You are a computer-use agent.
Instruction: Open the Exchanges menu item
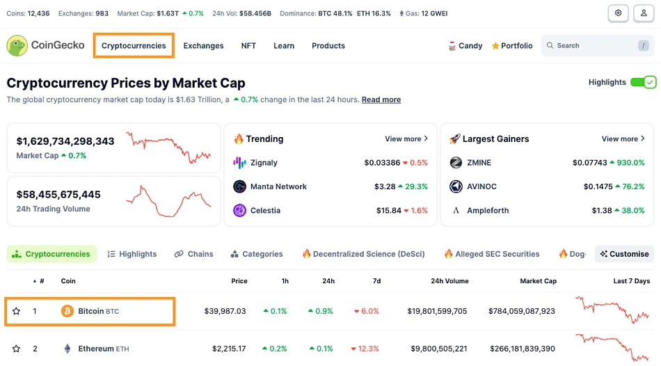203,46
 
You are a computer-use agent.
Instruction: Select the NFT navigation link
248,46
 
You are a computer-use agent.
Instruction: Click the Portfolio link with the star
512,46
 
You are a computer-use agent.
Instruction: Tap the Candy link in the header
465,46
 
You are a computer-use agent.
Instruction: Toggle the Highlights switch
643,82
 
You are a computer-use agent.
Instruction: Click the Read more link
381,100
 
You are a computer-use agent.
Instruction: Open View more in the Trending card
406,139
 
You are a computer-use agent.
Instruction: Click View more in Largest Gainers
623,139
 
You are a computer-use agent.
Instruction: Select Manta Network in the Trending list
278,186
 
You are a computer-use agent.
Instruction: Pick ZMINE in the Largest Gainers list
479,163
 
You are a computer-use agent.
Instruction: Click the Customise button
624,254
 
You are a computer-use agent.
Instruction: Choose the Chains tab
194,254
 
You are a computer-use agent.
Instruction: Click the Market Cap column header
538,281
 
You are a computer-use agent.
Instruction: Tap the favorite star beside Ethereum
16,349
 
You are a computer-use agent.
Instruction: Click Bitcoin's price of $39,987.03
225,311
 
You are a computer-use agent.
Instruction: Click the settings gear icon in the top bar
618,13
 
